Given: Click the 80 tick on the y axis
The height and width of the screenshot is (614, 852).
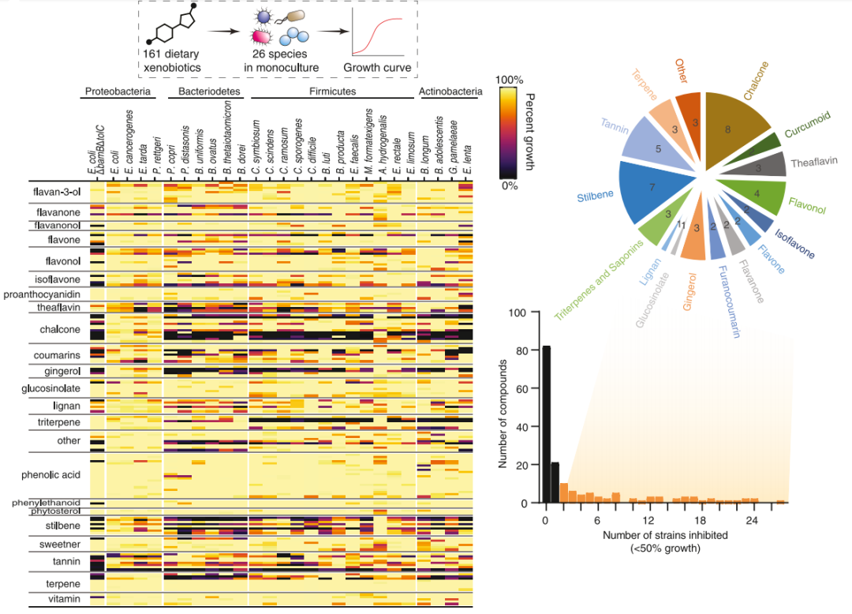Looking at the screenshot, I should (x=521, y=350).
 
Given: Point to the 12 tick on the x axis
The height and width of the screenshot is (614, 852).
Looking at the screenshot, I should (x=649, y=522).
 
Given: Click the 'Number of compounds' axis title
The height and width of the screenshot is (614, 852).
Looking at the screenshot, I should (x=503, y=407).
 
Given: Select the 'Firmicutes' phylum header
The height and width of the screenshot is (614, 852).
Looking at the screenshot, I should (x=332, y=92).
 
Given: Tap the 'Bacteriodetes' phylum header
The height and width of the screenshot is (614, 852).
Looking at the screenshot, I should (x=204, y=92).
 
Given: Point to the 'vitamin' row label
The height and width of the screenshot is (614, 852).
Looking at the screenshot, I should (x=65, y=599).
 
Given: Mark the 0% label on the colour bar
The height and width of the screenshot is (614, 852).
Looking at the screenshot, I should (x=511, y=185).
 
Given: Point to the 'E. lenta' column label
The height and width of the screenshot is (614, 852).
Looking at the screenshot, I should (x=469, y=155).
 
